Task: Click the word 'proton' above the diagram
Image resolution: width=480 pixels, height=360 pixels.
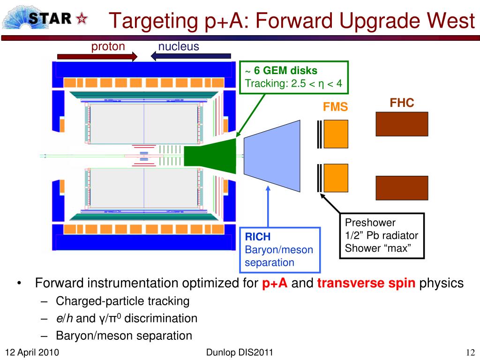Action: point(108,46)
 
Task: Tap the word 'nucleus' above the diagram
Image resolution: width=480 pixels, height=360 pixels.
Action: point(179,46)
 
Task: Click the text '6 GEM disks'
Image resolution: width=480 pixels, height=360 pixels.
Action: point(285,71)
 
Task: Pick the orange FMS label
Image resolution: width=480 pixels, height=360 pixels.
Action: point(335,107)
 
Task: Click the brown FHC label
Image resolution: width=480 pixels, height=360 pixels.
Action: point(402,103)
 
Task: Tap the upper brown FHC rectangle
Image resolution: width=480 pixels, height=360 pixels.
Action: point(402,124)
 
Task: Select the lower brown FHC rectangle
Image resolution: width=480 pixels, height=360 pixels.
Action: point(402,187)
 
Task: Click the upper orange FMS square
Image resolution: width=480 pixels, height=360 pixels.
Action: point(336,134)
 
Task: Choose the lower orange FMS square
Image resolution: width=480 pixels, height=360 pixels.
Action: point(336,178)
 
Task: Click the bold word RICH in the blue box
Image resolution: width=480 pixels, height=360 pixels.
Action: point(258,237)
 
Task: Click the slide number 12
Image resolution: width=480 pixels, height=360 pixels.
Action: point(471,352)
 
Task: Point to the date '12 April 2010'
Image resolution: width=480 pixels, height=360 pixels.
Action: point(32,352)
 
